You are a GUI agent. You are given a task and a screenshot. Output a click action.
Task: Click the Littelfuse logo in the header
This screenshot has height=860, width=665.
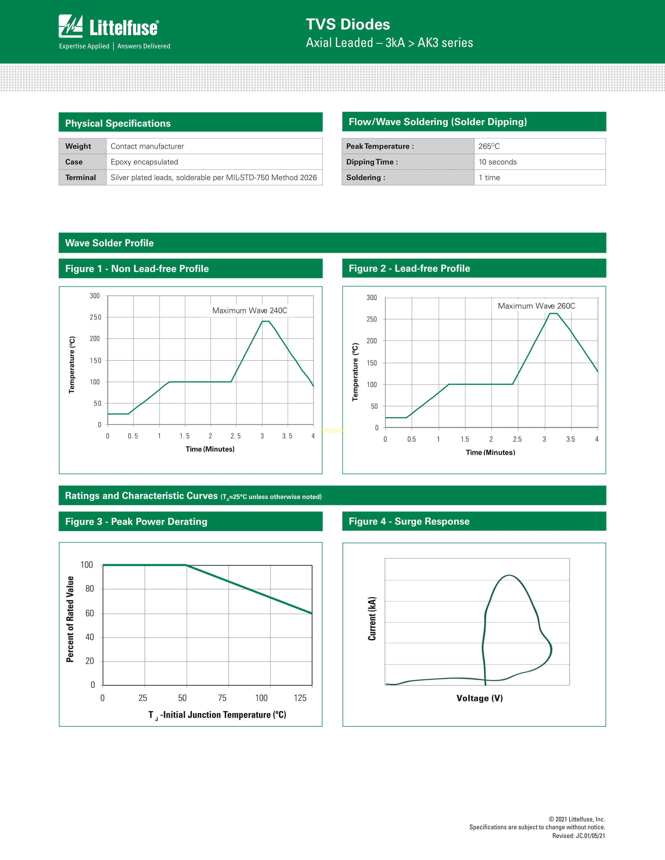tap(109, 27)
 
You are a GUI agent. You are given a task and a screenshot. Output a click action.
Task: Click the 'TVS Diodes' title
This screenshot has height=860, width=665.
tap(348, 24)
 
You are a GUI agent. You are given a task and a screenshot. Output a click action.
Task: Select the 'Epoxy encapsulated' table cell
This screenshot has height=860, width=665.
tap(144, 162)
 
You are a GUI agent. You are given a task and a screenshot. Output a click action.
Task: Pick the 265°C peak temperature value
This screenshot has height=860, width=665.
tap(489, 146)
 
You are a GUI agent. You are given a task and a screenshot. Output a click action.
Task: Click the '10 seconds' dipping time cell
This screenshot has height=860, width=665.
tap(498, 162)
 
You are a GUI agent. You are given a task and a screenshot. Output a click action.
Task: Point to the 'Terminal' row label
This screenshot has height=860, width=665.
tap(80, 177)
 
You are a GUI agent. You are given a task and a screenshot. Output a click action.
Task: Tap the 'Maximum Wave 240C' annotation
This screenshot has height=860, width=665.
tap(249, 310)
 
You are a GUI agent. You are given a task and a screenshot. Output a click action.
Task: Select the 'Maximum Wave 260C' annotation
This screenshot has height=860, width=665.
tap(536, 306)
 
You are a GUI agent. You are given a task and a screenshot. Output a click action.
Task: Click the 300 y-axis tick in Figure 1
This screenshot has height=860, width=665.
tap(95, 296)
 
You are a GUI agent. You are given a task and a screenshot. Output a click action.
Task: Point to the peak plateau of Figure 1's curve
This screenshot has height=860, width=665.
tap(265, 321)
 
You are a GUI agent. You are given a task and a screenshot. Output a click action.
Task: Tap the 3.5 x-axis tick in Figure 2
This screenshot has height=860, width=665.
tap(570, 439)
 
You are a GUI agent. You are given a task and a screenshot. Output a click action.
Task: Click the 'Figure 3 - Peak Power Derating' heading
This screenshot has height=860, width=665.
tap(136, 521)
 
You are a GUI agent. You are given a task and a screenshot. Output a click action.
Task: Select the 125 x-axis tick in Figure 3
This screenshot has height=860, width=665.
tap(300, 698)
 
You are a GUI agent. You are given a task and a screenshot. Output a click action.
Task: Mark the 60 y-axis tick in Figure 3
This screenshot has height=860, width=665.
tap(90, 613)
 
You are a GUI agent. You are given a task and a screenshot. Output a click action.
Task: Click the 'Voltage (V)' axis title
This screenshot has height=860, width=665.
tap(479, 698)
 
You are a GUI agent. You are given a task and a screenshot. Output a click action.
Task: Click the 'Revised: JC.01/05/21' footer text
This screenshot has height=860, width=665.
tap(578, 836)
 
